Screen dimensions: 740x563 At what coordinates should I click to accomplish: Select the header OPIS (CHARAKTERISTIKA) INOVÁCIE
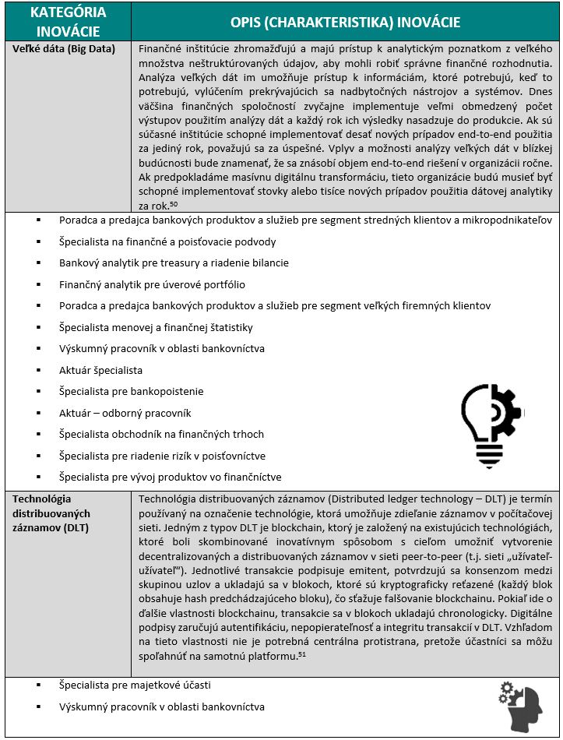click(345, 22)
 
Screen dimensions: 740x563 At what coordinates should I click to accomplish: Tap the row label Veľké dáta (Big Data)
click(64, 49)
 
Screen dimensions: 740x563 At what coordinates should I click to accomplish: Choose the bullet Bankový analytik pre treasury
click(174, 263)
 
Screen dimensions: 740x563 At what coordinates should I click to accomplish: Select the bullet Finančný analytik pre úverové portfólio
click(152, 284)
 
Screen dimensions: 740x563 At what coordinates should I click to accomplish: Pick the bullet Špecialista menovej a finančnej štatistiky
click(156, 328)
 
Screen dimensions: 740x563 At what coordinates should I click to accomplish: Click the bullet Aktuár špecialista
click(100, 371)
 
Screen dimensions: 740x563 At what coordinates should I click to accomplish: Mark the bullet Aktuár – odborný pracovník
click(125, 413)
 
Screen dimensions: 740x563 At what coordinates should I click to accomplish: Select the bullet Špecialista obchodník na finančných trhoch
click(161, 434)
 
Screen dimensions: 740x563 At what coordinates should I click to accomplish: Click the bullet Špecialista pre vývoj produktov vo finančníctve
click(170, 477)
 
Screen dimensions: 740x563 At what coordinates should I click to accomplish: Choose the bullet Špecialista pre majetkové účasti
click(135, 685)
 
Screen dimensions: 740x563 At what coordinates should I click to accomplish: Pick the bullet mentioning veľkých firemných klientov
click(275, 306)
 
